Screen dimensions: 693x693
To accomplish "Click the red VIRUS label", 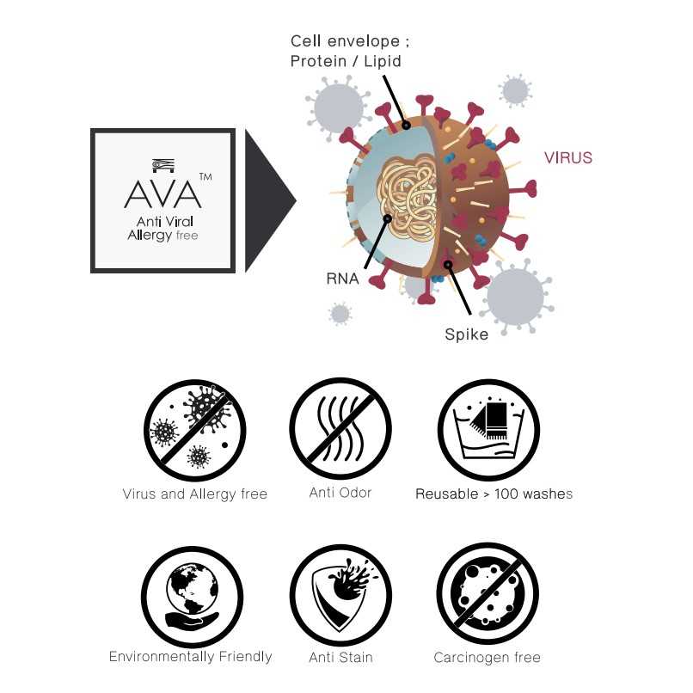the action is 568,158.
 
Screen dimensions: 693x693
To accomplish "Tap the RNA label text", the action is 342,279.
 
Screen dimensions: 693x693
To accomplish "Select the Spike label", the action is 466,334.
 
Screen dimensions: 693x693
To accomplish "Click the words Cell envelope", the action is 345,41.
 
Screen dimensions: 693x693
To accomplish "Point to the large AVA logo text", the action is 163,194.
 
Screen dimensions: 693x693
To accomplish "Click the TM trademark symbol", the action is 205,177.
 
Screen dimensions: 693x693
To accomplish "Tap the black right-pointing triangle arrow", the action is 270,200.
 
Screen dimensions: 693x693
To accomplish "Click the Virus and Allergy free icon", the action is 195,430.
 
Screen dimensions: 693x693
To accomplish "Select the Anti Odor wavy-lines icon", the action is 340,428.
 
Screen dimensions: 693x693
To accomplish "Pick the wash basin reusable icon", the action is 489,430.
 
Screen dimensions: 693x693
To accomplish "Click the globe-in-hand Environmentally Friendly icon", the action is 193,597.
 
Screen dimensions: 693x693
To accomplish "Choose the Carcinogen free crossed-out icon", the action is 488,594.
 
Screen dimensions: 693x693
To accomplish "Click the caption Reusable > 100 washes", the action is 494,494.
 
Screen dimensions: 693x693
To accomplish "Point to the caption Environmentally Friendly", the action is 191,657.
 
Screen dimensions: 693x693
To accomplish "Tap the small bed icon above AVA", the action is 163,165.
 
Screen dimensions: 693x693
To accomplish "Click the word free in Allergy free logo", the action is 187,235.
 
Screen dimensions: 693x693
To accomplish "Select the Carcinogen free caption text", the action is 487,658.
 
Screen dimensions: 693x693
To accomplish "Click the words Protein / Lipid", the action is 346,61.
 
